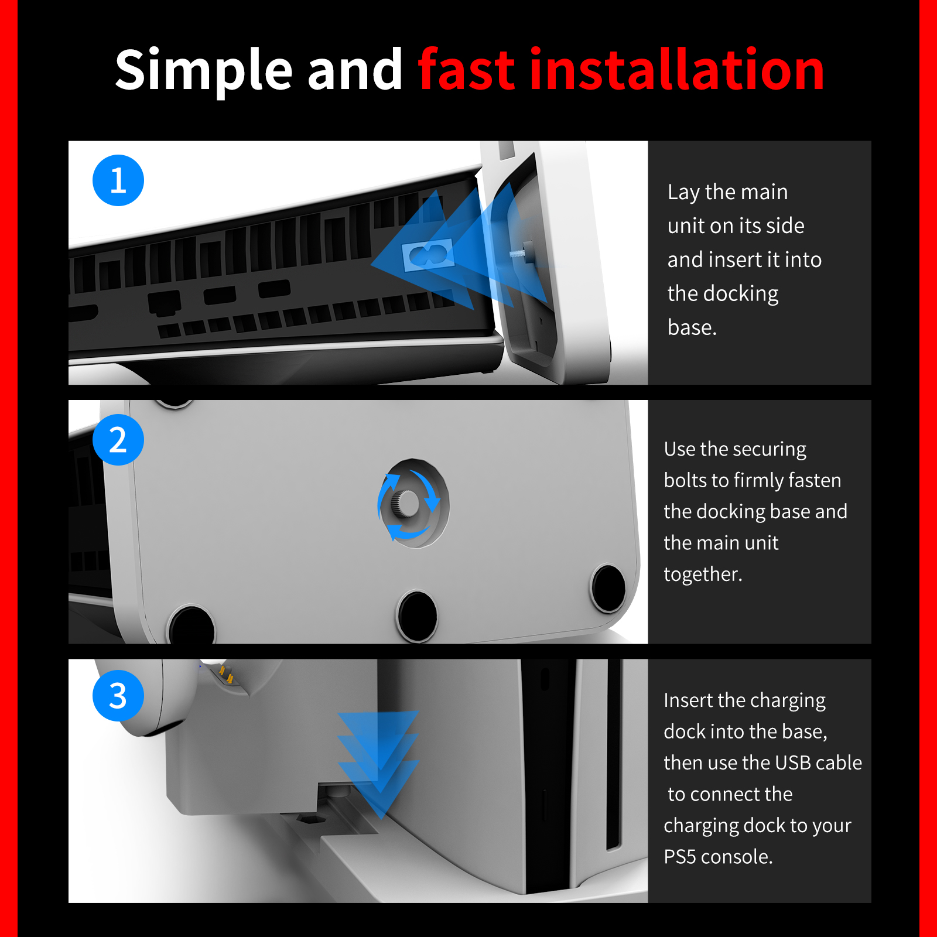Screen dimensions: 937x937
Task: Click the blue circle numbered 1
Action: tap(118, 180)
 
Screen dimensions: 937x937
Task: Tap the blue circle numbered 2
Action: tap(118, 440)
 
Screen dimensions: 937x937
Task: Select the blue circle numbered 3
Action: tap(118, 696)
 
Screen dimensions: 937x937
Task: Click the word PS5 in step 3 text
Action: tap(679, 857)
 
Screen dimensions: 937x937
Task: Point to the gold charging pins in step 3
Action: tap(225, 673)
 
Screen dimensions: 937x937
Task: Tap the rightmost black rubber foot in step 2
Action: tap(608, 588)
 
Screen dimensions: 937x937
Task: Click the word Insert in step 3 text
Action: tap(688, 700)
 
